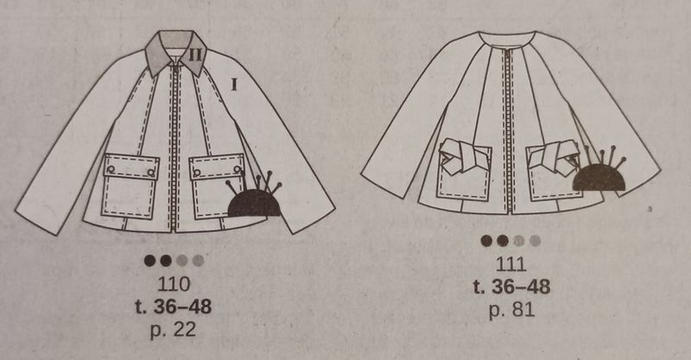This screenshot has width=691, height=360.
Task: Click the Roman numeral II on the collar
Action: point(195,55)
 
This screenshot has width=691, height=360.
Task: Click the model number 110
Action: point(174,284)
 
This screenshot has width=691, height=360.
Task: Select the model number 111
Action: point(511,264)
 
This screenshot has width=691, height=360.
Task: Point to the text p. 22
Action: point(173,329)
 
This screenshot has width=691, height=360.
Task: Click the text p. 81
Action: point(511,310)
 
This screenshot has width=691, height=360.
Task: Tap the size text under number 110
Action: point(174,306)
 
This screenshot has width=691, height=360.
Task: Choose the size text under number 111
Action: point(511,287)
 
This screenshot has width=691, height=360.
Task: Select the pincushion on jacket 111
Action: point(599,174)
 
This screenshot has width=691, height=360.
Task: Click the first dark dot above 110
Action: point(149,261)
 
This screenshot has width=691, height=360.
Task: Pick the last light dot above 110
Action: point(199,261)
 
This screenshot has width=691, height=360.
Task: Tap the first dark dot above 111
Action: point(486,241)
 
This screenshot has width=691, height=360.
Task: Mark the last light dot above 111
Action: point(535,241)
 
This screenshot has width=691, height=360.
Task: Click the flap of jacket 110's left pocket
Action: point(131,165)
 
